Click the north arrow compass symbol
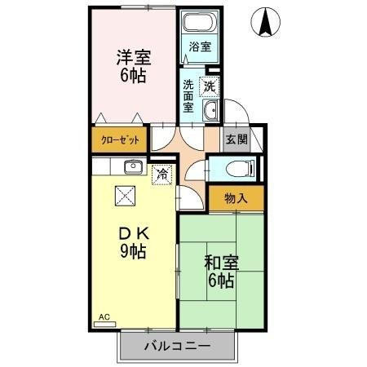point(266,22)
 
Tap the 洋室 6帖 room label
point(134,66)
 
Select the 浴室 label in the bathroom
point(200,46)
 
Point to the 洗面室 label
point(188,95)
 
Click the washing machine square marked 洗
point(210,85)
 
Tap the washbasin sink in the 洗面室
point(210,112)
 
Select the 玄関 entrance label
point(235,139)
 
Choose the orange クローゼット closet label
point(120,139)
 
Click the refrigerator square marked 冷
point(162,174)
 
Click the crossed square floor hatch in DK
point(125,196)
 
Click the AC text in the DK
point(104,316)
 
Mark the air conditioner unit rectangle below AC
point(105,324)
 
